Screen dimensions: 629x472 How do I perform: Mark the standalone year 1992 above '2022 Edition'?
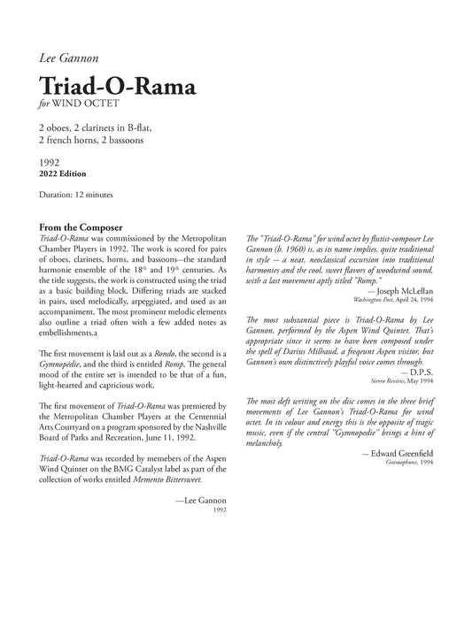tap(50, 163)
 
